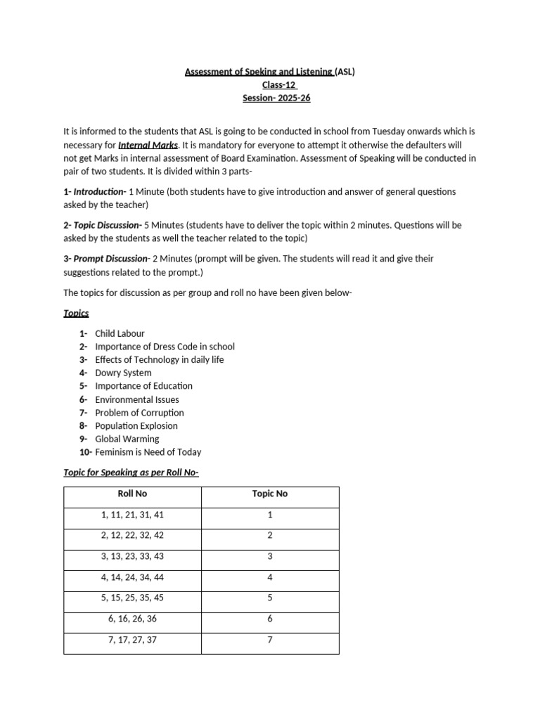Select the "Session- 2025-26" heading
276,98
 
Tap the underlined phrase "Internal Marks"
148,146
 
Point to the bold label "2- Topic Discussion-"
103,226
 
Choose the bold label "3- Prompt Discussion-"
106,259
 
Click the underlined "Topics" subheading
76,313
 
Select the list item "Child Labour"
120,333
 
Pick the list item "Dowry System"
123,373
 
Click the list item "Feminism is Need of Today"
148,452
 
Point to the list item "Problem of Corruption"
139,413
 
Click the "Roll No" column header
132,494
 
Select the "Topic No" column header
270,494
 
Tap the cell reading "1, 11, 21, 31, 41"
132,515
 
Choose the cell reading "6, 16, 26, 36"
132,619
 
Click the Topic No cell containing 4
270,577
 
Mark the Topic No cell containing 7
270,640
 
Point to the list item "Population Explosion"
136,426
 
